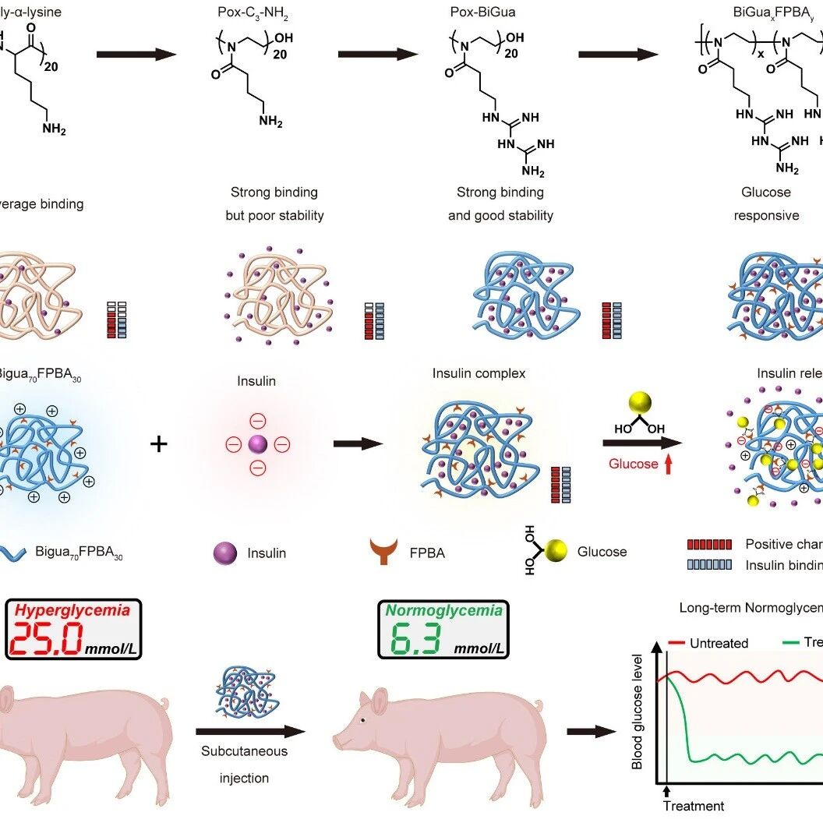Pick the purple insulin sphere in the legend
tap(225, 553)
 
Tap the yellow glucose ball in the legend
tap(556, 552)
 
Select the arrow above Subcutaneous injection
tap(249, 732)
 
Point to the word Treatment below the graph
tap(693, 806)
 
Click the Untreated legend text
tap(719, 643)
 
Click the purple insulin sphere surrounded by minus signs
tap(258, 444)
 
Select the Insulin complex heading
tap(479, 373)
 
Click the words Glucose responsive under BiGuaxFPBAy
tap(766, 203)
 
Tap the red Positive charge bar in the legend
tap(709, 544)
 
